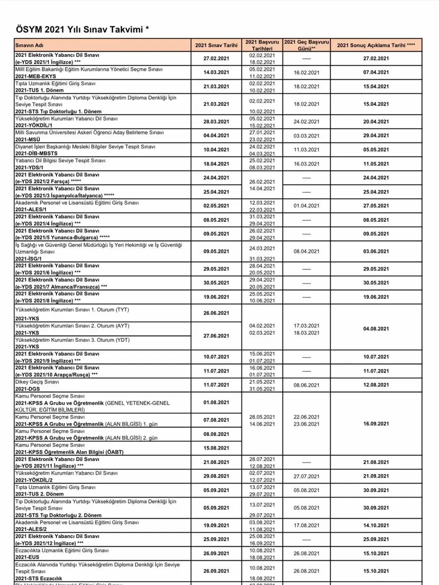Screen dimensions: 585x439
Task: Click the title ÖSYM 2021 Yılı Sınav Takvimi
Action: pos(83,30)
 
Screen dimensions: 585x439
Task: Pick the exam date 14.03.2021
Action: pos(216,72)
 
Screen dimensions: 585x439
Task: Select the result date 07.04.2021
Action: pos(376,72)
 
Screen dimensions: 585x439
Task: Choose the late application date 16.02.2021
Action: pos(306,72)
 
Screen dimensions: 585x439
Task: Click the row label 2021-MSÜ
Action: pos(27,140)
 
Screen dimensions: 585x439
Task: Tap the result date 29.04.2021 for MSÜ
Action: pos(376,136)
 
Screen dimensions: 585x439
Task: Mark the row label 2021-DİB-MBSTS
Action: pos(36,154)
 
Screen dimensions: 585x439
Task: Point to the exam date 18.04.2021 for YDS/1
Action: pos(216,163)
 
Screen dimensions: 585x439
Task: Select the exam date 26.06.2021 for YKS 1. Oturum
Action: pos(216,313)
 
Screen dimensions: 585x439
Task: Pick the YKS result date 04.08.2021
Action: pos(376,329)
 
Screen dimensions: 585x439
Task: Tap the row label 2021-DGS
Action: pos(27,389)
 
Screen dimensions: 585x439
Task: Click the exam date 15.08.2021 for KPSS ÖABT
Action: pos(216,448)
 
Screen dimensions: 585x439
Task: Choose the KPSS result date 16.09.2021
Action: pos(376,424)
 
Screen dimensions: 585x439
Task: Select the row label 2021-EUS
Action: pos(27,556)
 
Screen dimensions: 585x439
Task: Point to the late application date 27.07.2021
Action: pos(306,476)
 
